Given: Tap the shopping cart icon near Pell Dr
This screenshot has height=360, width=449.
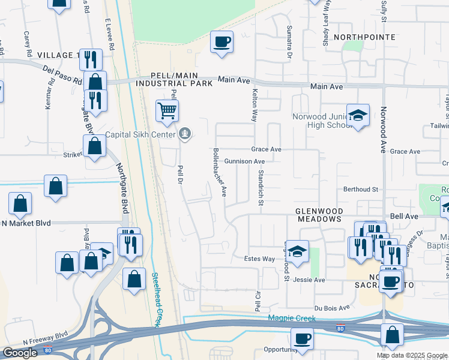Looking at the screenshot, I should pyautogui.click(x=167, y=110).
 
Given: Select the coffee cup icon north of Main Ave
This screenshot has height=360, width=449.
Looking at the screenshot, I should pyautogui.click(x=221, y=42).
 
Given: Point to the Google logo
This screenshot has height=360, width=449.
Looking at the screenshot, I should pyautogui.click(x=20, y=353).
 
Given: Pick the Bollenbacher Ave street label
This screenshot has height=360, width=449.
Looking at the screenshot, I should pyautogui.click(x=219, y=173).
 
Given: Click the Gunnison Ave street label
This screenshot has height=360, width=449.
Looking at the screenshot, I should pyautogui.click(x=244, y=161).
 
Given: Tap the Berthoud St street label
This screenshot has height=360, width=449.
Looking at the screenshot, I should pyautogui.click(x=360, y=189).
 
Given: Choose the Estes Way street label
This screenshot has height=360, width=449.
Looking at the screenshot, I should pyautogui.click(x=259, y=259).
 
